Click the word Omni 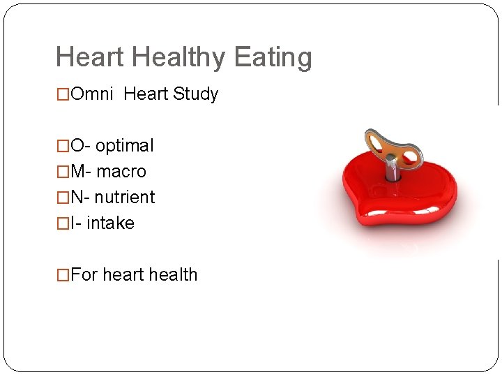[x=92, y=94]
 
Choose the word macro [x=121, y=172]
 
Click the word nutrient [x=125, y=198]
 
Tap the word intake [x=110, y=223]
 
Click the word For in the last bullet [x=84, y=275]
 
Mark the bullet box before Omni [x=63, y=95]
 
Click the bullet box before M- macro [x=63, y=172]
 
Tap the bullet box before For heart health [x=63, y=276]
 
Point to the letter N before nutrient [x=77, y=198]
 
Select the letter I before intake [x=74, y=223]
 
